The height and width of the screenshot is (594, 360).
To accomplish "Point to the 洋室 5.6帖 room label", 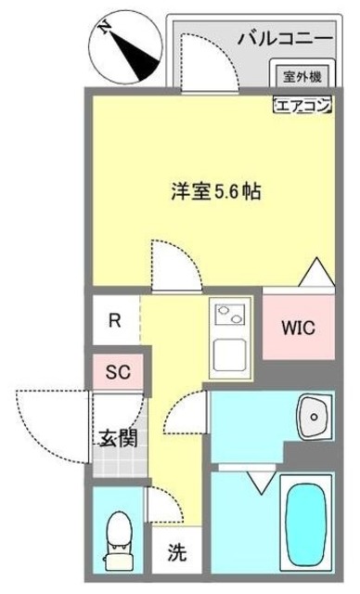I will (x=214, y=193).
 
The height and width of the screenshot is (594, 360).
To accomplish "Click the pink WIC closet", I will (x=299, y=328).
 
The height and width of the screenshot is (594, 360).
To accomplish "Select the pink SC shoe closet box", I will (x=116, y=373).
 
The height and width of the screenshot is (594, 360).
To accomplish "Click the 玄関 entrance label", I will (x=119, y=437).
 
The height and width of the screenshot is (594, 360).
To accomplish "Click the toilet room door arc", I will (x=160, y=507).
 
